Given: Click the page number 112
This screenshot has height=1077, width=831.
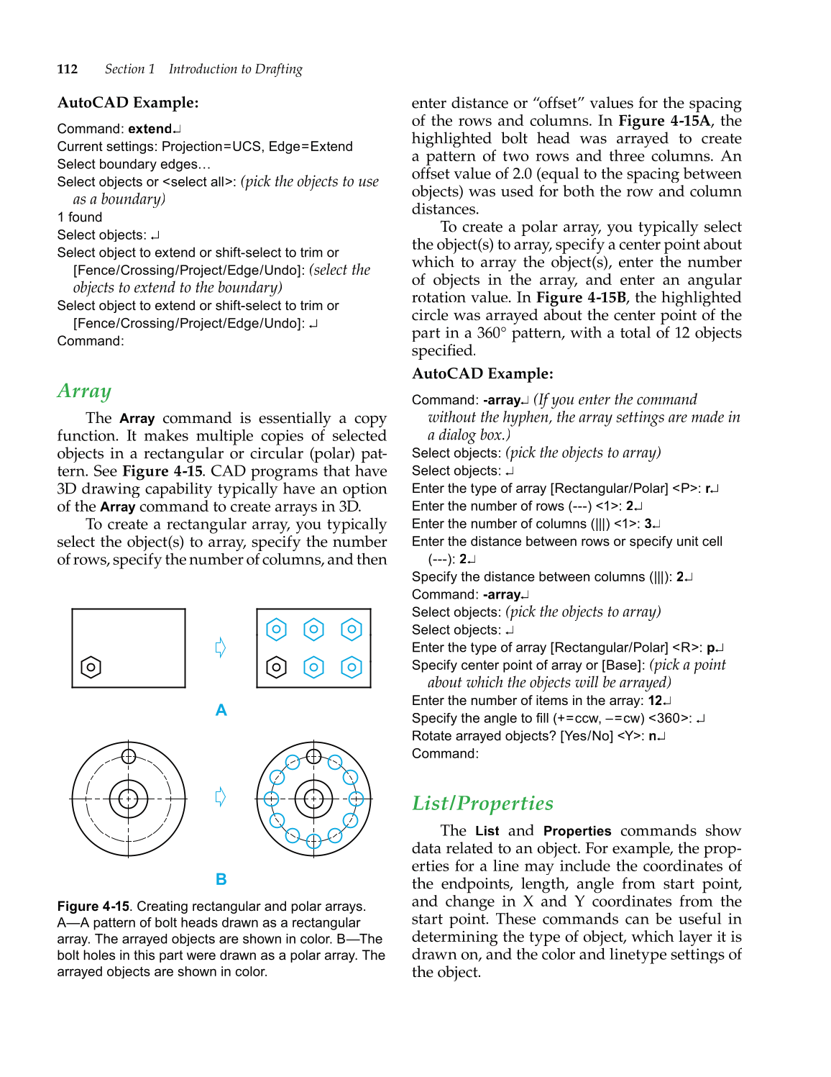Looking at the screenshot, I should [x=68, y=69].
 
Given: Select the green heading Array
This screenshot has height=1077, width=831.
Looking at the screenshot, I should [x=84, y=391].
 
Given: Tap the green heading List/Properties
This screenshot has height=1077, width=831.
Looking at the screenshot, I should [x=482, y=803].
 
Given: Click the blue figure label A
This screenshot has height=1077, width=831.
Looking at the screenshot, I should [x=221, y=710].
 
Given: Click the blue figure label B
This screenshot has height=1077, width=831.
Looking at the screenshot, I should [x=221, y=879].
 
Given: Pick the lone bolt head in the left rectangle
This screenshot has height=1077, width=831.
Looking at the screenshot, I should [x=91, y=668].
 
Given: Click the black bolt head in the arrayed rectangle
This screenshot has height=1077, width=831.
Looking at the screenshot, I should [x=276, y=668].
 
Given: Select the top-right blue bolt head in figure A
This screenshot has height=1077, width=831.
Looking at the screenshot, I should [x=352, y=630].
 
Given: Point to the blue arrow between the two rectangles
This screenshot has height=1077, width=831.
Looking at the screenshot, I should [x=221, y=647].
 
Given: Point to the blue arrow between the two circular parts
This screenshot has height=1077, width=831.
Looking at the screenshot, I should [x=221, y=797].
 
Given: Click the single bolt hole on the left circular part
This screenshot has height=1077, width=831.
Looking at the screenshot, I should [x=129, y=756].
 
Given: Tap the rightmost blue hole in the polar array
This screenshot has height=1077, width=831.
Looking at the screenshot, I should [x=357, y=799].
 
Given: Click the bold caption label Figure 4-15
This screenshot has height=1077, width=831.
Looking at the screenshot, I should [x=93, y=906].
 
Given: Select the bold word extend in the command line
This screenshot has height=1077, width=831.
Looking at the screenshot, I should [x=150, y=129].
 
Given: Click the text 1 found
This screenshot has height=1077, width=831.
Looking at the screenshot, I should [x=80, y=217].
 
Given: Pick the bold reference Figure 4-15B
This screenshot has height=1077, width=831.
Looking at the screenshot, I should [x=581, y=298].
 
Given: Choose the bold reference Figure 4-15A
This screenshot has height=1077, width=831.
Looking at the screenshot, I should [x=664, y=121].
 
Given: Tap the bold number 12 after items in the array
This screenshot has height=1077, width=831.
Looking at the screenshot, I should [x=654, y=701].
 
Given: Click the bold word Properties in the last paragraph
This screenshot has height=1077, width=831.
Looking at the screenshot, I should [x=577, y=831].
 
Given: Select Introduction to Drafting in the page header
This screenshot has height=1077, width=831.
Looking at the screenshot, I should [x=235, y=69].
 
